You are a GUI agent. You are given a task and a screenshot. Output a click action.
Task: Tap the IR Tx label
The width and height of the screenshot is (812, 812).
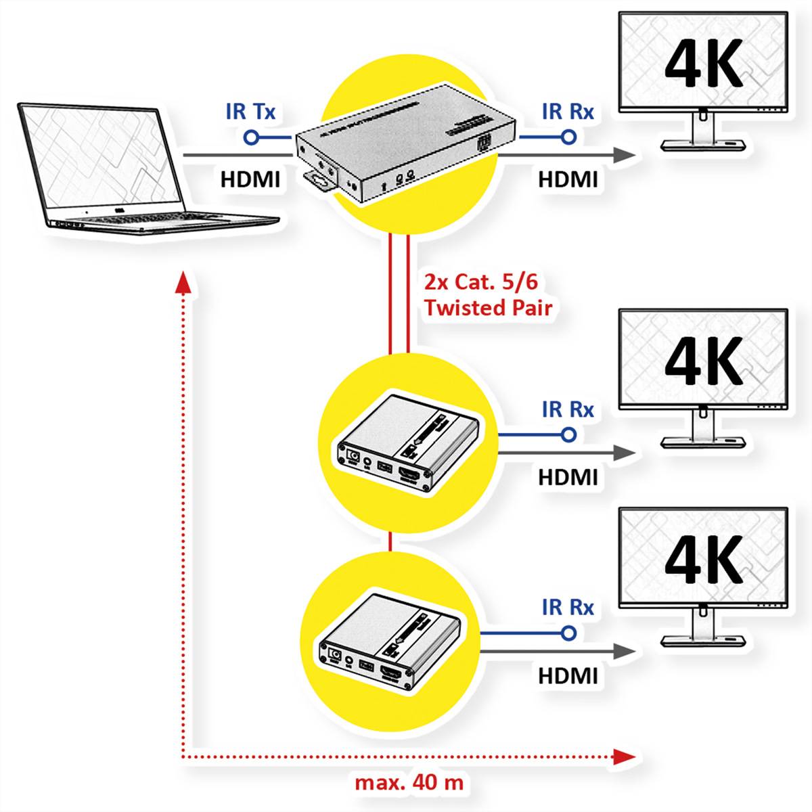pyautogui.click(x=250, y=111)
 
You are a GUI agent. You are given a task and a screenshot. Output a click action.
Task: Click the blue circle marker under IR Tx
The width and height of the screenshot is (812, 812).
pyautogui.click(x=250, y=138)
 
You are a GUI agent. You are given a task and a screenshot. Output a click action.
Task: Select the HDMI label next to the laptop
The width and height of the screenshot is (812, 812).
pyautogui.click(x=250, y=179)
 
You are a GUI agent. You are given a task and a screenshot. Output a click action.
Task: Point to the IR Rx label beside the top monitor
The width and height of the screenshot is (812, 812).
pyautogui.click(x=568, y=111)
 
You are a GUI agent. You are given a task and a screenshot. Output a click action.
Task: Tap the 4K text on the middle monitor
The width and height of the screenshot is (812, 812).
pyautogui.click(x=704, y=362)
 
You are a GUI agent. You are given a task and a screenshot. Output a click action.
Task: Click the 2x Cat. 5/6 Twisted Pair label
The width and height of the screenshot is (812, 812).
pyautogui.click(x=487, y=295)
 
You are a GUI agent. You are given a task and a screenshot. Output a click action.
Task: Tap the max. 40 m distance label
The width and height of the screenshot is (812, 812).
pyautogui.click(x=409, y=783)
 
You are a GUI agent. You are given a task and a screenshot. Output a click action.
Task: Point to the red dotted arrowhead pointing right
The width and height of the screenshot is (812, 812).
pyautogui.click(x=625, y=756)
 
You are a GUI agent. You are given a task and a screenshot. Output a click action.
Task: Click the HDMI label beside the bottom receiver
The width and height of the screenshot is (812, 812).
pyautogui.click(x=568, y=675)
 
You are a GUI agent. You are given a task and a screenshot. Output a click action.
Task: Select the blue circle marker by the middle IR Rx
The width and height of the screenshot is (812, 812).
pyautogui.click(x=569, y=434)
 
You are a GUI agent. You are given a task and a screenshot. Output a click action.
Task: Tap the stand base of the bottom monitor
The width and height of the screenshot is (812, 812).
pyautogui.click(x=703, y=639)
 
